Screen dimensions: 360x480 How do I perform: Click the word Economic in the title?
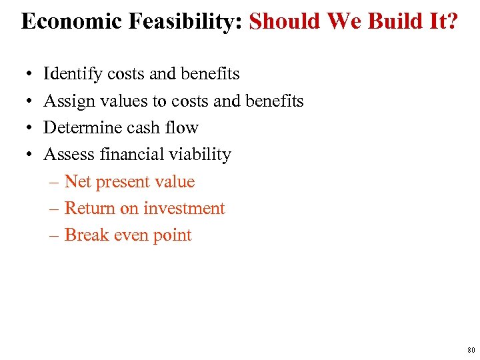click(x=63, y=21)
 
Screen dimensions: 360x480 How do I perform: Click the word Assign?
click(x=69, y=101)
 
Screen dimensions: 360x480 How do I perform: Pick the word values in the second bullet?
click(x=125, y=101)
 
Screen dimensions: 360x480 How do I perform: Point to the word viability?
click(x=199, y=155)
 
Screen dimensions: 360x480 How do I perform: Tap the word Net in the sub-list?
click(x=78, y=182)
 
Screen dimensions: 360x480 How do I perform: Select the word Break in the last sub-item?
click(x=85, y=235)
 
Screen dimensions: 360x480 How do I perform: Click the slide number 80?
click(x=471, y=350)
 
